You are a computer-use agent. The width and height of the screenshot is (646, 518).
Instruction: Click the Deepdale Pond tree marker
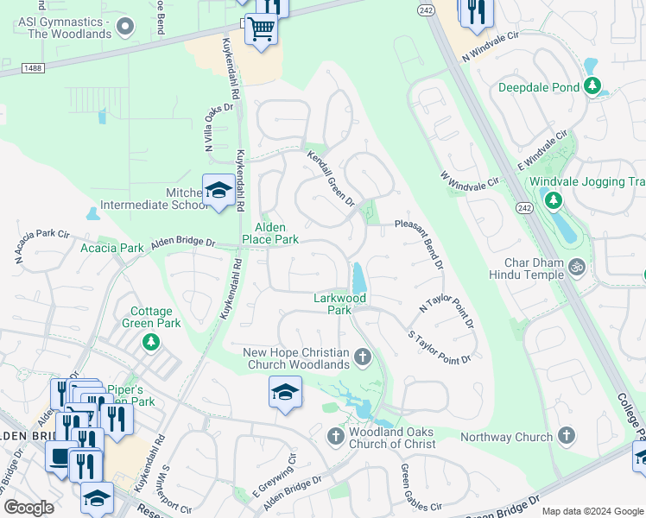pos(592,86)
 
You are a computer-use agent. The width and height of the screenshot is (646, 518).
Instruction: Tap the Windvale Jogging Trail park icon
pos(552,200)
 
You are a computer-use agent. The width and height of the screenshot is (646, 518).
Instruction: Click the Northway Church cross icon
pos(567,437)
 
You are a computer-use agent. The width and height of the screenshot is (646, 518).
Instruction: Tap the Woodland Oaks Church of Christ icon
pos(337,437)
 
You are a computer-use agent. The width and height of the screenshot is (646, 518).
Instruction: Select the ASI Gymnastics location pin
pos(126,26)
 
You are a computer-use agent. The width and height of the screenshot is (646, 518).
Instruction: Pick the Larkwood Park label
pos(339,304)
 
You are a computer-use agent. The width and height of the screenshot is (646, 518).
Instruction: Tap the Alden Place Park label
pos(269,232)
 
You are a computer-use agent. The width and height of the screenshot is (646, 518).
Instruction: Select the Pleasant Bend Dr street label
pos(420,241)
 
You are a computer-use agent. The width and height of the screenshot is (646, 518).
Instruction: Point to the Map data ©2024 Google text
pos(592,511)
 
